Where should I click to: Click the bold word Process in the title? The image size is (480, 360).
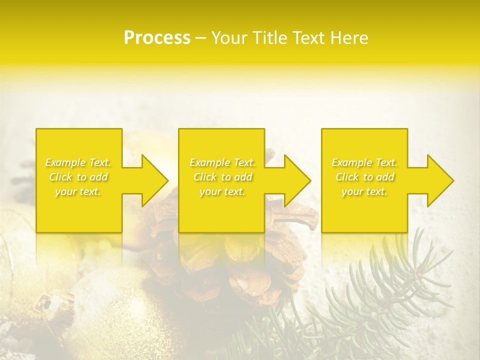point(157,38)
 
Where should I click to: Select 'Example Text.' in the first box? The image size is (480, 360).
point(78,162)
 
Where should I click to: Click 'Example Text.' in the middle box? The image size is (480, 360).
point(222,162)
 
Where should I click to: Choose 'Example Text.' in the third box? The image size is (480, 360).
point(364,162)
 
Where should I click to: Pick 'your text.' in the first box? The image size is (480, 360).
point(78,191)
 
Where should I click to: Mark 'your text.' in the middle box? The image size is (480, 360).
point(222,191)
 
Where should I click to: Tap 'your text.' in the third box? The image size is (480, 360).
point(364,191)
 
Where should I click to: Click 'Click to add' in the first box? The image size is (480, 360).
point(78,177)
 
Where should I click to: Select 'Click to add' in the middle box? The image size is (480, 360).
point(222,177)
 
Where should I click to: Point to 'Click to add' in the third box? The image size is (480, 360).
point(364,177)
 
